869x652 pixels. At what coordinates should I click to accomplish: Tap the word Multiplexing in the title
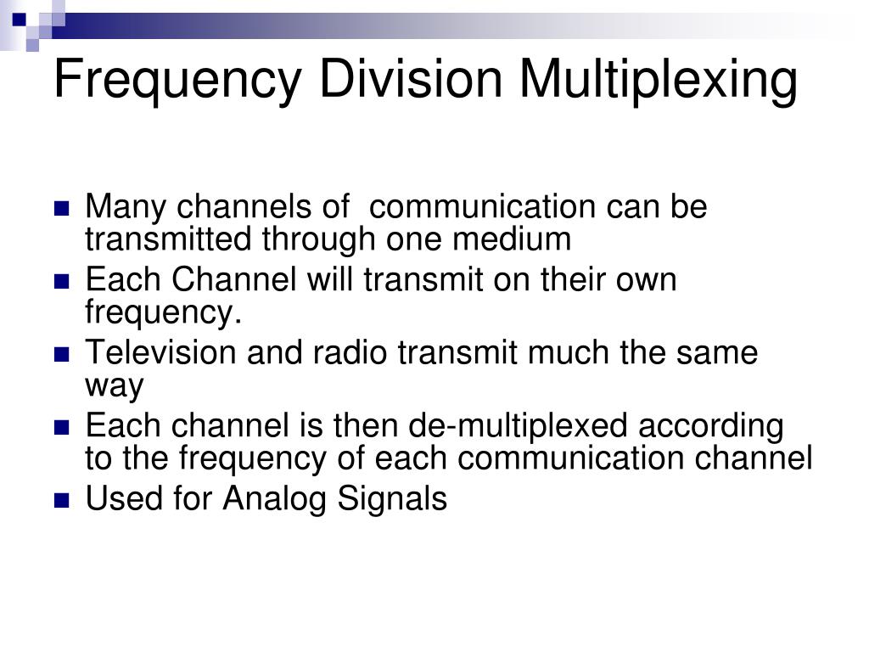click(659, 79)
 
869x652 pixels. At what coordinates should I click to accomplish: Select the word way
click(115, 386)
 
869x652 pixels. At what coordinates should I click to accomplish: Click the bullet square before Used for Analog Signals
click(62, 501)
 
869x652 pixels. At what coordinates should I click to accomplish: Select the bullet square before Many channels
click(62, 209)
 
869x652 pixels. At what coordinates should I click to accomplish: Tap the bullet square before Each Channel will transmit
click(62, 282)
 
